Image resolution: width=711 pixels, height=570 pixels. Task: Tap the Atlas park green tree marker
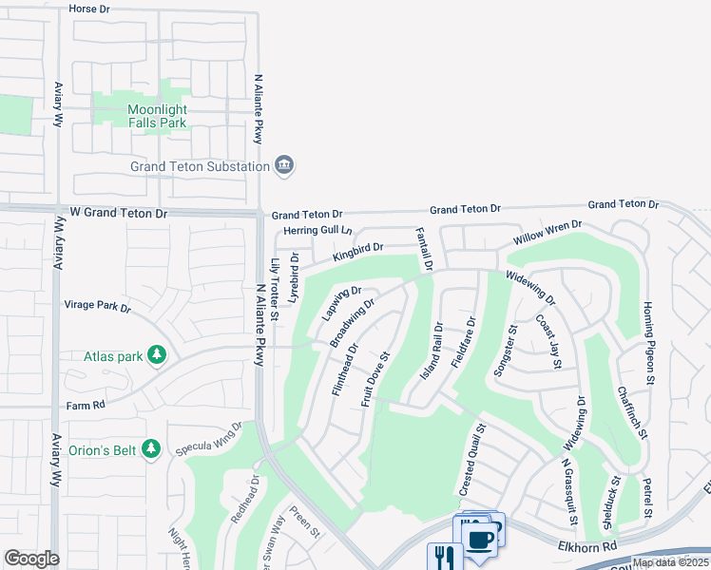(x=158, y=356)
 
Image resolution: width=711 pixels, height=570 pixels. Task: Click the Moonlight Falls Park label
(x=171, y=116)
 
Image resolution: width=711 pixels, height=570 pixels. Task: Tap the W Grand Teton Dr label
(x=112, y=214)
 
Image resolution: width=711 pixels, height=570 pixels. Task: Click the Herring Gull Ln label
(x=318, y=231)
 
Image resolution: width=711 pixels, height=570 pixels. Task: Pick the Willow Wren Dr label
(x=547, y=233)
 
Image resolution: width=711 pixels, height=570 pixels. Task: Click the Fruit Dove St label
(x=377, y=379)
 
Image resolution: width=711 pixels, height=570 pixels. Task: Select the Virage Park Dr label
(x=96, y=307)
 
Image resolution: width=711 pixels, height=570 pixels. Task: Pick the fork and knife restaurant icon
(x=442, y=557)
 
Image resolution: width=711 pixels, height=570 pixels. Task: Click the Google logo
(x=31, y=558)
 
